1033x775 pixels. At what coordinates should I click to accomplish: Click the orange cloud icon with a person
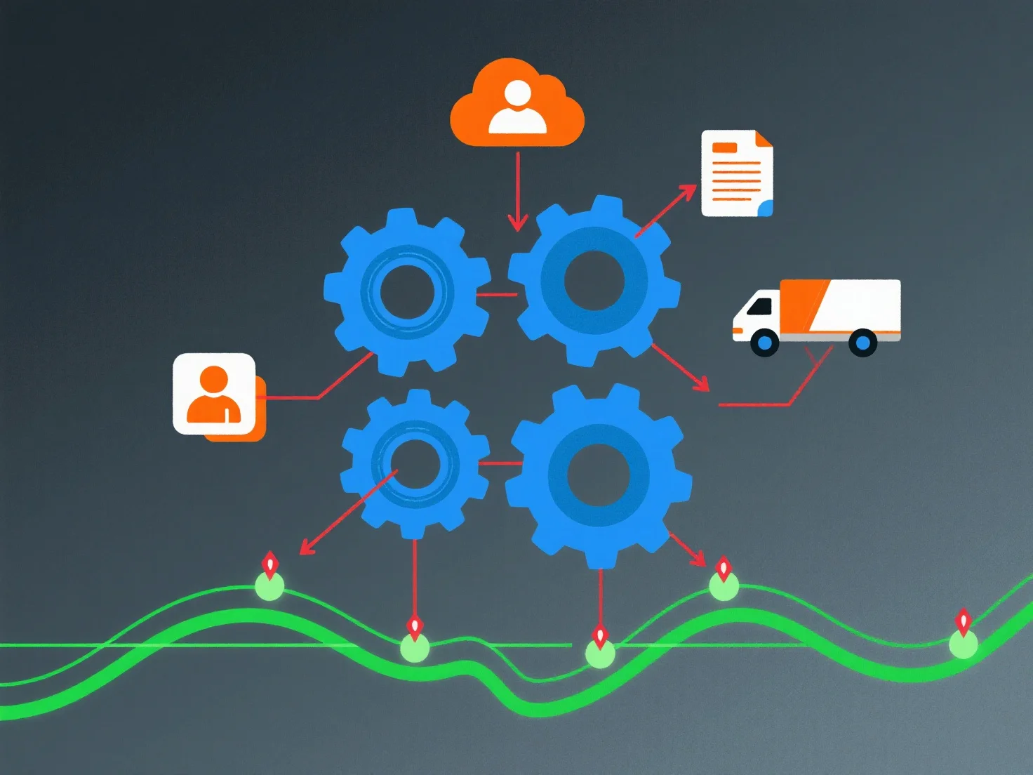(x=517, y=105)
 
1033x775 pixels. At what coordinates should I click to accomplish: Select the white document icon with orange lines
(x=736, y=173)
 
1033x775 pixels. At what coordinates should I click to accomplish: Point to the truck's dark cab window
(x=759, y=307)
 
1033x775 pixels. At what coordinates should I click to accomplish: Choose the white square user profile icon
(x=214, y=394)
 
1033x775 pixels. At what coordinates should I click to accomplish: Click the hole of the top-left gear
(x=407, y=291)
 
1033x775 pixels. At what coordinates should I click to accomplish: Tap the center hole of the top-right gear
(x=594, y=281)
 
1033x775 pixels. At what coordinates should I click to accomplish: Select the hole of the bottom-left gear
(x=415, y=464)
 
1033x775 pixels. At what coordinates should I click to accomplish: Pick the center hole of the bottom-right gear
(x=598, y=475)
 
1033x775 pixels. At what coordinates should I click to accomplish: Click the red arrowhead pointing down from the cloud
(x=517, y=224)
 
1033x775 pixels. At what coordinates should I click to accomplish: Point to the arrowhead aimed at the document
(x=688, y=190)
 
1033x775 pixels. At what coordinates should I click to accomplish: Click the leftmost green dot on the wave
(x=269, y=586)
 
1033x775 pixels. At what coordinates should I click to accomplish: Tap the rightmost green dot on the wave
(x=963, y=644)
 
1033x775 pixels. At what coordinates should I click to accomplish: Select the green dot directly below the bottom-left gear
(x=415, y=648)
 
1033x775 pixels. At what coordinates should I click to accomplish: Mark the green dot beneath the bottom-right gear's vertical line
(x=600, y=654)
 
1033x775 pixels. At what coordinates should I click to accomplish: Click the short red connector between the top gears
(x=497, y=294)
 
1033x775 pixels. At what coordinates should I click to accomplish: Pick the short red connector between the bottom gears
(x=500, y=463)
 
